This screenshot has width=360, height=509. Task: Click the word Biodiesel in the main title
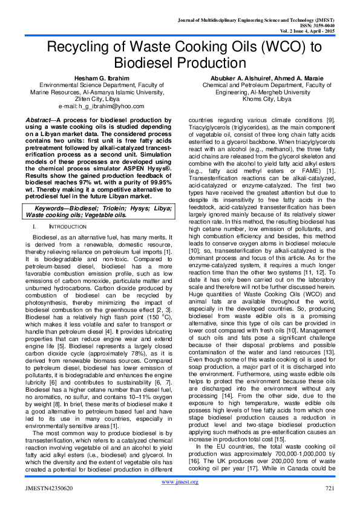pos(180,63)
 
